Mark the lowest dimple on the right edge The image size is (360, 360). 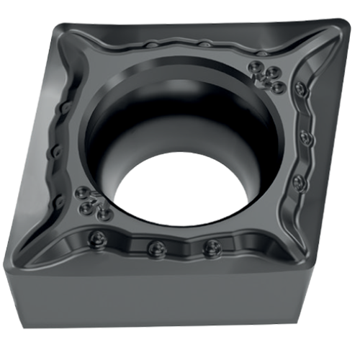click(x=300, y=183)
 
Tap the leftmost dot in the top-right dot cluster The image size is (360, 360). click(x=256, y=68)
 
